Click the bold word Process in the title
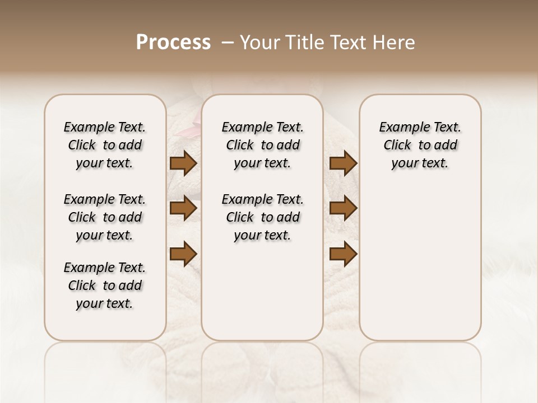click(x=173, y=43)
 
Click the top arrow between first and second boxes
click(x=183, y=163)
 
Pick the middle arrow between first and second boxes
click(x=183, y=208)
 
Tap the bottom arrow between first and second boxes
click(x=183, y=254)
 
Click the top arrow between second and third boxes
click(x=343, y=163)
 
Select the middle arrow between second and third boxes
click(x=343, y=208)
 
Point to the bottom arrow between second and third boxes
click(x=343, y=254)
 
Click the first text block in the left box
click(x=105, y=145)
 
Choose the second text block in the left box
click(x=105, y=217)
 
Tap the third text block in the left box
click(x=105, y=285)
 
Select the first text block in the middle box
click(x=262, y=145)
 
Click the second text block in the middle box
click(x=262, y=217)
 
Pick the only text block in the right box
click(x=420, y=145)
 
